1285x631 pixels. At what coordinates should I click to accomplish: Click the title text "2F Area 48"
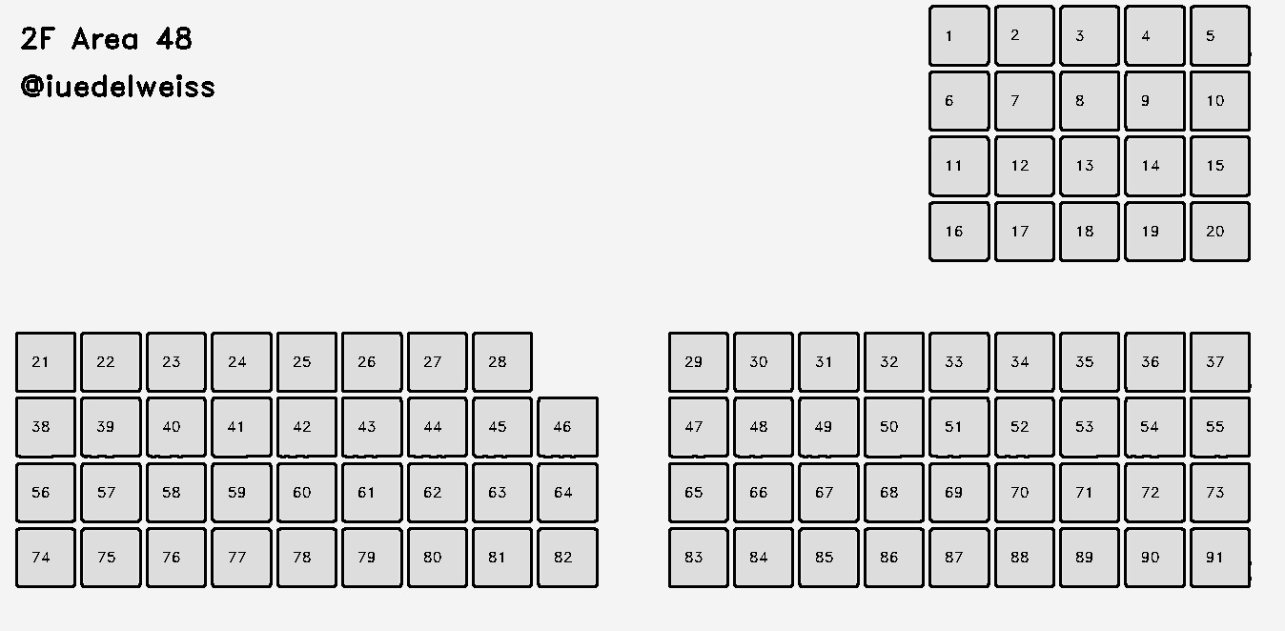[x=106, y=39]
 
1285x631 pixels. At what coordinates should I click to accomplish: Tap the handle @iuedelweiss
[x=117, y=87]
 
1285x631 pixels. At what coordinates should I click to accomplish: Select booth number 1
[x=959, y=36]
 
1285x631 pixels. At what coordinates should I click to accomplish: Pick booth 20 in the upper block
[x=1219, y=232]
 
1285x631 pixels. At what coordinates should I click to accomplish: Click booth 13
[x=1089, y=166]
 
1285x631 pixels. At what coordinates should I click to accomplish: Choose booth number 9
[x=1154, y=101]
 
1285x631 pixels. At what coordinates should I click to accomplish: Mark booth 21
[x=45, y=362]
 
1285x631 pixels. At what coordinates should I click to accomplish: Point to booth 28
[x=501, y=362]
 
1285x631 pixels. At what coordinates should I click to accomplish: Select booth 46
[x=567, y=427]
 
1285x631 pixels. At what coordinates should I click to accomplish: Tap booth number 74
[x=45, y=558]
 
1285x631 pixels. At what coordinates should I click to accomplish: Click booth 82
[x=567, y=558]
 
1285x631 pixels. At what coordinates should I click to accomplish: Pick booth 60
[x=306, y=493]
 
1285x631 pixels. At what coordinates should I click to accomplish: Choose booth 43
[x=371, y=427]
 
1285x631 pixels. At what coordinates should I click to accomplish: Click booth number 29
[x=698, y=362]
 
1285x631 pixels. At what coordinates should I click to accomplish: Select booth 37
[x=1219, y=362]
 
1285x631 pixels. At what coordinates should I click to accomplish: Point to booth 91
[x=1219, y=558]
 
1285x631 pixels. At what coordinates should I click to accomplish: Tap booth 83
[x=698, y=558]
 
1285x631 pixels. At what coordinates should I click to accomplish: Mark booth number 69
[x=959, y=493]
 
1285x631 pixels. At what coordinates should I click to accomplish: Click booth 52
[x=1024, y=427]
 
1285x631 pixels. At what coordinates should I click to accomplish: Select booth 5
[x=1219, y=36]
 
